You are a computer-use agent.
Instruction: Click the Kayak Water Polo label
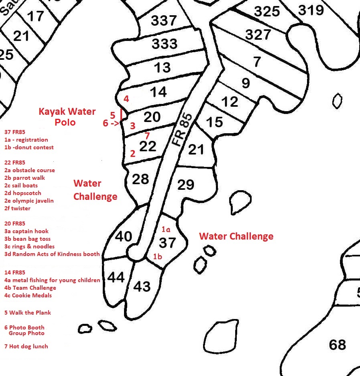(67, 117)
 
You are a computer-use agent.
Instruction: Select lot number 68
(337, 344)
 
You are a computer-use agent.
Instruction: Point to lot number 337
(164, 20)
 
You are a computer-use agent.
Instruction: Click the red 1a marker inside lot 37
(166, 230)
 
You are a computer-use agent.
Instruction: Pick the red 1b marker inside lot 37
(158, 256)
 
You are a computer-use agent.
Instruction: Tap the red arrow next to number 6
(116, 124)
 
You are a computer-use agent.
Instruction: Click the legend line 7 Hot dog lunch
(26, 346)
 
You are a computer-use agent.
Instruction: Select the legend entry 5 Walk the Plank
(28, 313)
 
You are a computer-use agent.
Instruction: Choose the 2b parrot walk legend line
(25, 178)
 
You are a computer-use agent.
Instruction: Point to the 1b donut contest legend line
(29, 147)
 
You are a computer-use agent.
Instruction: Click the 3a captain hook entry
(26, 231)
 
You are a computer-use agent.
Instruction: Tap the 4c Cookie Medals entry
(28, 295)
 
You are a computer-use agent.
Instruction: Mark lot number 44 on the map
(116, 277)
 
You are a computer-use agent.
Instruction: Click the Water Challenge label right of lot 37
(236, 236)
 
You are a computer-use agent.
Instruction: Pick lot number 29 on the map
(185, 185)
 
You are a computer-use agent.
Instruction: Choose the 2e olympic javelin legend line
(29, 201)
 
